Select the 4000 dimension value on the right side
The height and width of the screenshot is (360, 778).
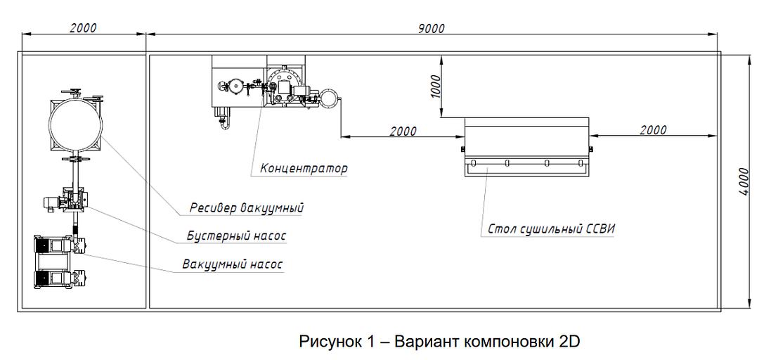[x=745, y=181]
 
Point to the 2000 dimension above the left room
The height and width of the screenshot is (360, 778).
[x=83, y=28]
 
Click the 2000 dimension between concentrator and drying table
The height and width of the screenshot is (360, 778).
[x=402, y=131]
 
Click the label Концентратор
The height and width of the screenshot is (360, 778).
[x=304, y=169]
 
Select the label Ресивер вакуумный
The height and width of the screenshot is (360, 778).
[x=247, y=208]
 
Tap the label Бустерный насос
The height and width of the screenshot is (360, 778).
[x=236, y=236]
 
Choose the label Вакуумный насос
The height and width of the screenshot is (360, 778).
[x=232, y=265]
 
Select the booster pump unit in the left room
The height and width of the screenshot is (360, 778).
[x=70, y=202]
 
